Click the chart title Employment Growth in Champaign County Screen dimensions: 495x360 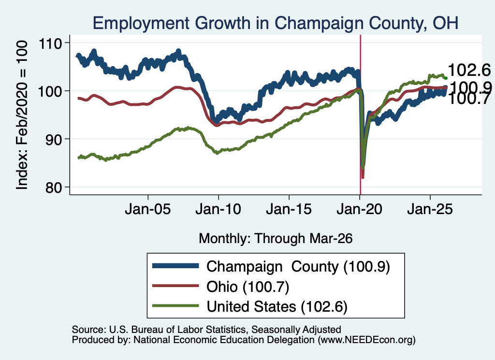pos(275,23)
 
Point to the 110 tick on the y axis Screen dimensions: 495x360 pos(50,43)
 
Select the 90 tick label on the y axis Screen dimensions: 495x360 pos(54,140)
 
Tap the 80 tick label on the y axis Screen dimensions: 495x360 pos(54,187)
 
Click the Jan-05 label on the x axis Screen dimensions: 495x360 pos(148,209)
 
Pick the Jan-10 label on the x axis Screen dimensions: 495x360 pos(218,209)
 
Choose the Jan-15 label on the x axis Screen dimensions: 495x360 pos(289,209)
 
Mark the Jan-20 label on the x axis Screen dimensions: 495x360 pos(360,209)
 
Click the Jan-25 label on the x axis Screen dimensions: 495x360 pos(430,209)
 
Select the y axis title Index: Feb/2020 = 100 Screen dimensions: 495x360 pos(22,115)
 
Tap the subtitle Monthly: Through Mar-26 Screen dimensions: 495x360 pos(276,239)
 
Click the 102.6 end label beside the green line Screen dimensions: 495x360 pos(469,70)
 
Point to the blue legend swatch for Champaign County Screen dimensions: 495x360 pos(175,266)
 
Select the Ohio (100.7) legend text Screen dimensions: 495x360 pos(248,287)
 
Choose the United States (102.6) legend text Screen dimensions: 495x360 pos(277,306)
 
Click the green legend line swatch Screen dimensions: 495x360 pos(175,306)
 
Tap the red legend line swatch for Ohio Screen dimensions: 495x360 pos(175,286)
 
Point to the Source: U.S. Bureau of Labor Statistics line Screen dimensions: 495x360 pos(206,330)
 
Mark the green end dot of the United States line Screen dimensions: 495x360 pos(446,78)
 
